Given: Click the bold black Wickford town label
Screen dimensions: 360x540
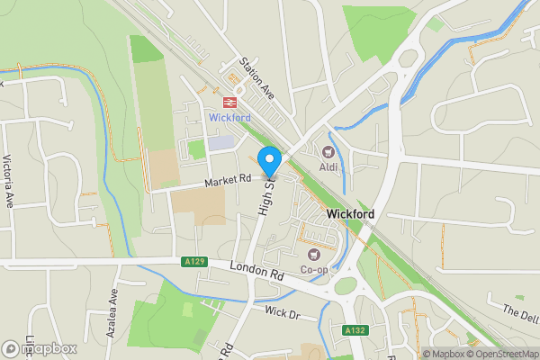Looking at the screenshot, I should click(x=351, y=214).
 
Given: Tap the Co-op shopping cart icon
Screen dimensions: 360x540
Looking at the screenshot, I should click(x=314, y=253).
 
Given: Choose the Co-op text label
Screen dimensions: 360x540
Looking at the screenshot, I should click(x=314, y=269).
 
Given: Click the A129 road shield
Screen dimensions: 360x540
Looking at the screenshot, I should click(x=195, y=262).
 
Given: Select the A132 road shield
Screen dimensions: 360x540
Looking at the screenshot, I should click(x=355, y=331).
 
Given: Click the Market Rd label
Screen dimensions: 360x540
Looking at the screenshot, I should click(x=227, y=181).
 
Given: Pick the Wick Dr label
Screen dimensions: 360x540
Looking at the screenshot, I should click(x=281, y=312).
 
